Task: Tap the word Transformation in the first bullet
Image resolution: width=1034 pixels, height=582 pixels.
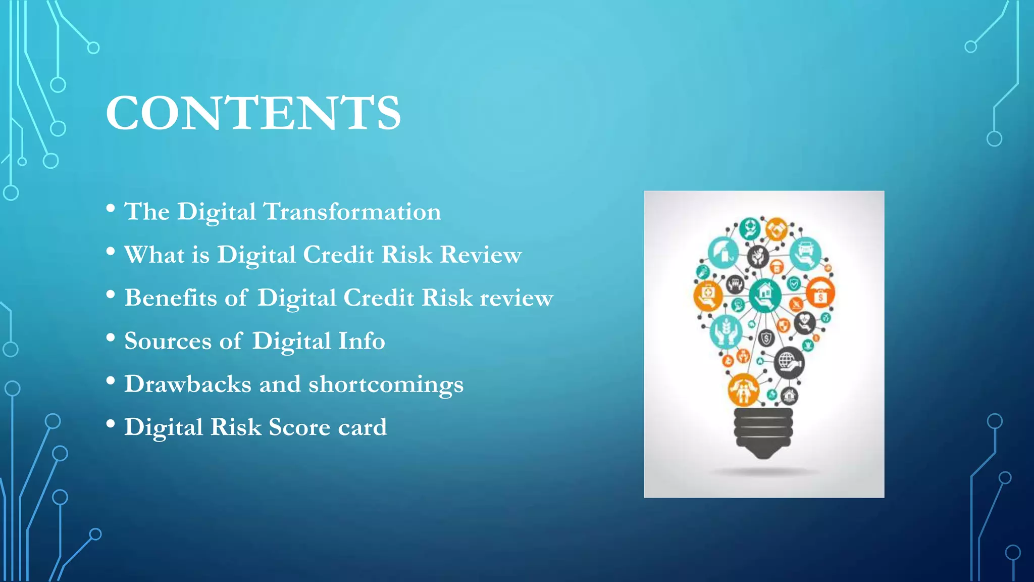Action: coord(352,212)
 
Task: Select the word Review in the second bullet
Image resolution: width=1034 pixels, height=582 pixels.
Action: coord(481,255)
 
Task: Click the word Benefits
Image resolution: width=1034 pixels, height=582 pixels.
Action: coord(170,298)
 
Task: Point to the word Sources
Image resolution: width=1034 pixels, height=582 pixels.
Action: coord(168,341)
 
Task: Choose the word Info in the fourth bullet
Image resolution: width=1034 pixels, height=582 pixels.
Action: coord(361,341)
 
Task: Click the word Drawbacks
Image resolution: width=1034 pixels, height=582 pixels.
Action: coord(187,384)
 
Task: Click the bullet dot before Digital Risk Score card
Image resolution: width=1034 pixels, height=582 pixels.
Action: coord(111,423)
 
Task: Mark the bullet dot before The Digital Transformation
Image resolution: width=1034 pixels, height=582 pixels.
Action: coord(111,208)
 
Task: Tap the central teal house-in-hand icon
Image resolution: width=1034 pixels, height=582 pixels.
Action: coord(765,295)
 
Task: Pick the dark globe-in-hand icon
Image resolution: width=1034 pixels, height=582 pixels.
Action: coord(788,362)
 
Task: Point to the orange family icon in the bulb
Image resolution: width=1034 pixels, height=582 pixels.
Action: coord(743,390)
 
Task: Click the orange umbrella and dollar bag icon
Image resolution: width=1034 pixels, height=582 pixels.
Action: coord(820,293)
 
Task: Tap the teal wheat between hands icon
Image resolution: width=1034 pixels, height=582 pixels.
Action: coord(726,331)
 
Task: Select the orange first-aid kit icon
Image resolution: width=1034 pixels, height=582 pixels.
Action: coord(708,295)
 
